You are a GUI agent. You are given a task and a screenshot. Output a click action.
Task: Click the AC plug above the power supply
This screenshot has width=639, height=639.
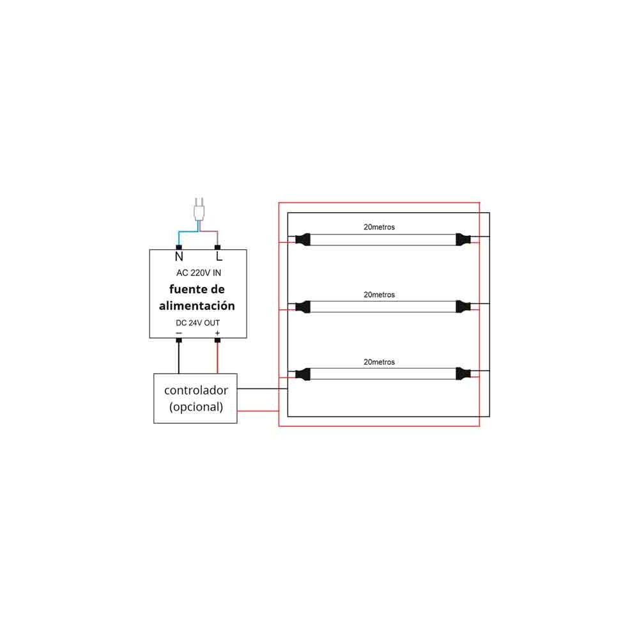click(x=199, y=210)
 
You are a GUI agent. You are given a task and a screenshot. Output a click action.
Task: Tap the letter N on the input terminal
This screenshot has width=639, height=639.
click(x=179, y=257)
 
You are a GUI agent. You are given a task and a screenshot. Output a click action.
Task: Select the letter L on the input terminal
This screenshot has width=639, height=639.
click(x=219, y=257)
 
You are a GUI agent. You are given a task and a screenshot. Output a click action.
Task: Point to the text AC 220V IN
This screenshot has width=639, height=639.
click(x=198, y=273)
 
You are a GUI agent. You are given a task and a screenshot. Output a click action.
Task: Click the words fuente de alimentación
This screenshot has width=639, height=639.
click(x=197, y=298)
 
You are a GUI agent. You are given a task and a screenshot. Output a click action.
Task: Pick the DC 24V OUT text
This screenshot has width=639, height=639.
click(x=198, y=323)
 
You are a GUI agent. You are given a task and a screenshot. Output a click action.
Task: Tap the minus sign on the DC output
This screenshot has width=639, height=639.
click(x=178, y=333)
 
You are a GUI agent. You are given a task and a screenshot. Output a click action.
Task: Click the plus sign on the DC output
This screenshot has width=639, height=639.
click(x=217, y=333)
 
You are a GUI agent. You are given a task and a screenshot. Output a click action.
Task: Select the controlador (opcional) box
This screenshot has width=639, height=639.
click(x=196, y=398)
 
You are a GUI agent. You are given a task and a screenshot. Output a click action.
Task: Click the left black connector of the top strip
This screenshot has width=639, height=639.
click(x=302, y=240)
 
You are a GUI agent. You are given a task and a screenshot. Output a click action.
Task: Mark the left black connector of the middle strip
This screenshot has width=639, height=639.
click(x=302, y=307)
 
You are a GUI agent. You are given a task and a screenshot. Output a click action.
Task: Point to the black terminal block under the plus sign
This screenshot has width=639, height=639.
click(x=217, y=341)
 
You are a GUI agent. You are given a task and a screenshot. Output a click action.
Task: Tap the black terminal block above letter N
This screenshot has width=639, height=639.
click(x=179, y=247)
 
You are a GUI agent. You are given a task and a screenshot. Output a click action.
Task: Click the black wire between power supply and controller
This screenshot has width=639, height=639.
click(x=178, y=358)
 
